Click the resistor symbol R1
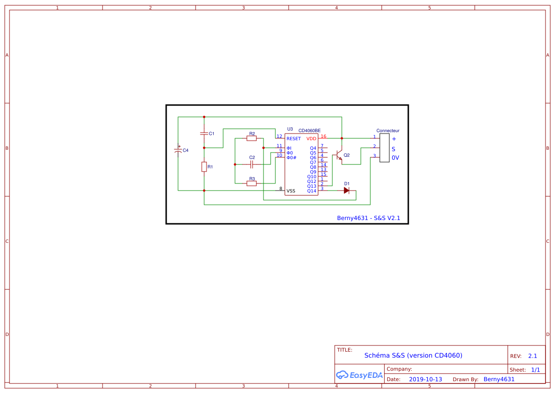tap(204, 167)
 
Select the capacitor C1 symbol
tap(204, 134)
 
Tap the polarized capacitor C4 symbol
tap(178, 150)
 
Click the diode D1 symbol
tap(347, 191)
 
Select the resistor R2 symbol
tap(252, 138)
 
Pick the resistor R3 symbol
tap(252, 183)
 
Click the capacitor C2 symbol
tap(252, 164)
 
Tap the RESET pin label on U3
tap(293, 139)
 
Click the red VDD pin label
tap(311, 139)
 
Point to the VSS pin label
tap(291, 191)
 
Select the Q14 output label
tap(311, 191)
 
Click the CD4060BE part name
tap(309, 131)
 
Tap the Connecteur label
tap(388, 131)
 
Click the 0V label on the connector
tap(395, 158)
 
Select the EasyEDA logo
tap(359, 375)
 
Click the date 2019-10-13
tap(425, 379)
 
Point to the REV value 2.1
tap(532, 356)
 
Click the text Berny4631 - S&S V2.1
tap(369, 218)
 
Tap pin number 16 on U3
tap(323, 136)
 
